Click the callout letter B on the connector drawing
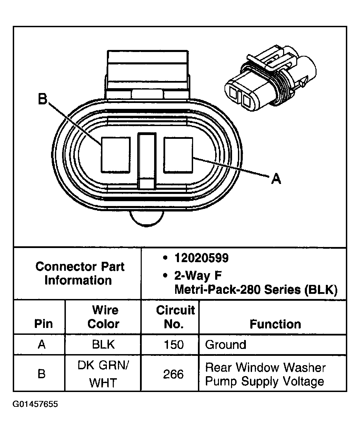42,100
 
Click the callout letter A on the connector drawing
276,178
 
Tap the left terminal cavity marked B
116,155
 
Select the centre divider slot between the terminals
147,160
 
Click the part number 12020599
201,258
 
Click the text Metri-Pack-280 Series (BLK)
256,290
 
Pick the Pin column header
43,324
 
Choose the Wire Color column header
103,317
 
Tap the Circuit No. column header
175,317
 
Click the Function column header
275,324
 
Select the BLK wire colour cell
103,345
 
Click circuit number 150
173,345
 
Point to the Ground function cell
226,345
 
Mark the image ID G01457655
36,404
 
